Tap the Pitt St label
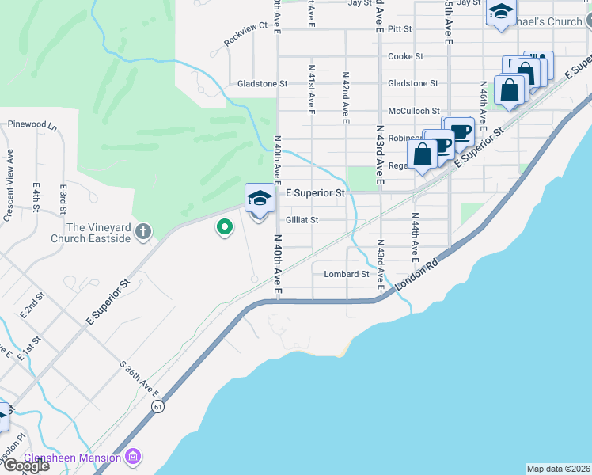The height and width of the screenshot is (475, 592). pyautogui.click(x=401, y=28)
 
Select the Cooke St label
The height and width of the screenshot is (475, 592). pyautogui.click(x=406, y=56)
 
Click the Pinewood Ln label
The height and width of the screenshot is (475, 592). pyautogui.click(x=32, y=125)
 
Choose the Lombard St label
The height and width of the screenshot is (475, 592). pyautogui.click(x=347, y=275)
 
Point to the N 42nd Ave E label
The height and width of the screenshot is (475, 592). pyautogui.click(x=346, y=97)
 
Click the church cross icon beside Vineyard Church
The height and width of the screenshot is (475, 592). pyautogui.click(x=142, y=231)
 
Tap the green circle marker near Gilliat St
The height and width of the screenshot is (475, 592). pyautogui.click(x=225, y=228)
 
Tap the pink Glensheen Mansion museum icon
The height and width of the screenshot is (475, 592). pyautogui.click(x=133, y=458)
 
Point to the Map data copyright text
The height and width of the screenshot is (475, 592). pyautogui.click(x=558, y=469)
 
